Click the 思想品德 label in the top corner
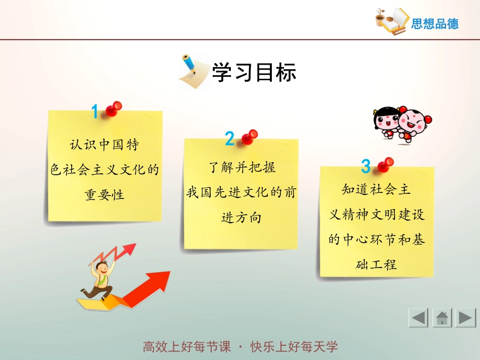(x=435, y=24)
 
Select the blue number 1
(x=94, y=112)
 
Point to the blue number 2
(x=229, y=139)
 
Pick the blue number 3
(x=366, y=166)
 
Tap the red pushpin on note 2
(x=249, y=136)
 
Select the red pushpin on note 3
(x=385, y=164)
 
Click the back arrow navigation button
(x=418, y=318)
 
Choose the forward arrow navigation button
(x=465, y=318)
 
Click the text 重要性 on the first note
(x=105, y=194)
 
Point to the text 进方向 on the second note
(x=241, y=218)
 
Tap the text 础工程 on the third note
(x=376, y=264)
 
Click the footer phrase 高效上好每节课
(x=186, y=347)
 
